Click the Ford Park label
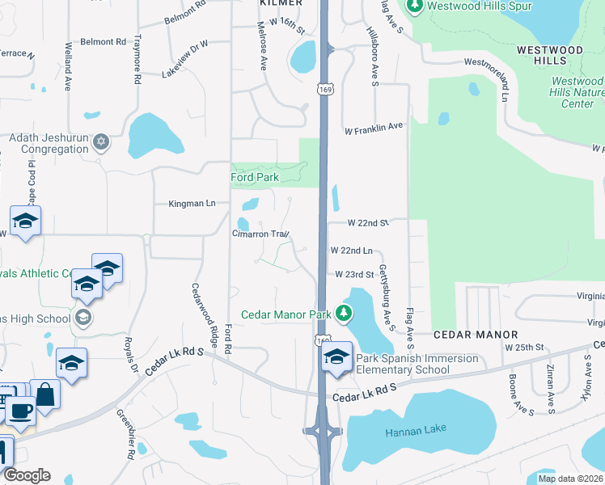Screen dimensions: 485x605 point(256,177)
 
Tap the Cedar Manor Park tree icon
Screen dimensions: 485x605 point(345,313)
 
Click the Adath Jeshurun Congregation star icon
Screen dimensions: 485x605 point(100,142)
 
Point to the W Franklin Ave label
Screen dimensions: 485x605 point(373,128)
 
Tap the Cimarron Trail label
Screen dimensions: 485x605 point(260,234)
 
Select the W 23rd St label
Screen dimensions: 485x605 point(356,274)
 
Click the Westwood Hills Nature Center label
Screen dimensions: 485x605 point(577,92)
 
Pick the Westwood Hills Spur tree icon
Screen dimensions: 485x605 point(415,6)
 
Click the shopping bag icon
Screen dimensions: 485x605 point(45,395)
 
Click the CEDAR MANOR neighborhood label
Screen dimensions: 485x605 point(475,334)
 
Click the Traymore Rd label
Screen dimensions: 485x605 point(137,60)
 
